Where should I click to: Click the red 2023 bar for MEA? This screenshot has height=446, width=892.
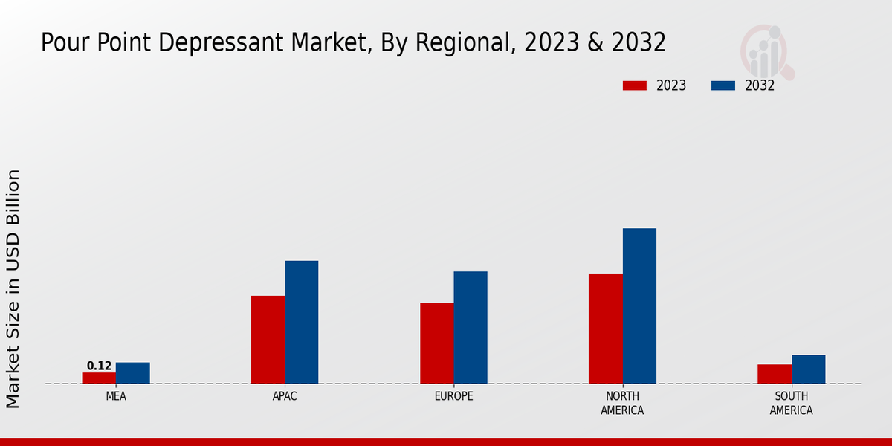click(99, 378)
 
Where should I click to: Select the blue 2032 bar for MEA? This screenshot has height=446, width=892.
click(133, 373)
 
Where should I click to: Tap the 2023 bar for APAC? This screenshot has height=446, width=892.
click(268, 340)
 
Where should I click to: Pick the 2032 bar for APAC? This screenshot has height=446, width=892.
click(301, 322)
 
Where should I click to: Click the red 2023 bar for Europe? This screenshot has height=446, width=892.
click(437, 343)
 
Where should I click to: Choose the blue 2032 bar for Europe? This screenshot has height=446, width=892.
click(471, 327)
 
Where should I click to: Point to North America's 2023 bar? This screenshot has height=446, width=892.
click(606, 329)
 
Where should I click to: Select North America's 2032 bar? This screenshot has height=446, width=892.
click(639, 306)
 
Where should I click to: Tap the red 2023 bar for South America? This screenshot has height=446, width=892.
click(775, 374)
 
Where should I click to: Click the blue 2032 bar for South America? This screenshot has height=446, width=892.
click(808, 369)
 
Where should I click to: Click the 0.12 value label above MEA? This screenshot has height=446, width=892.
click(99, 366)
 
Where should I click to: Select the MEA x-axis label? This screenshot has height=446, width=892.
click(116, 396)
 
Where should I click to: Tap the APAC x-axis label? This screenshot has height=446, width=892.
click(285, 396)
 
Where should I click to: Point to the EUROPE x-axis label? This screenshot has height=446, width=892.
click(453, 396)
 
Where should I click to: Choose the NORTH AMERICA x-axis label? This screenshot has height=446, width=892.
click(622, 403)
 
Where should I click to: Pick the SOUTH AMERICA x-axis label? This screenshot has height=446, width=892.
click(791, 403)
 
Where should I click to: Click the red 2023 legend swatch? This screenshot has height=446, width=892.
click(635, 85)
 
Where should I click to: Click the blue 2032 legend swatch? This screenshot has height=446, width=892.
click(723, 85)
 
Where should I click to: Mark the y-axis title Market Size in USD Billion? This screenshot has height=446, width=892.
click(13, 288)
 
